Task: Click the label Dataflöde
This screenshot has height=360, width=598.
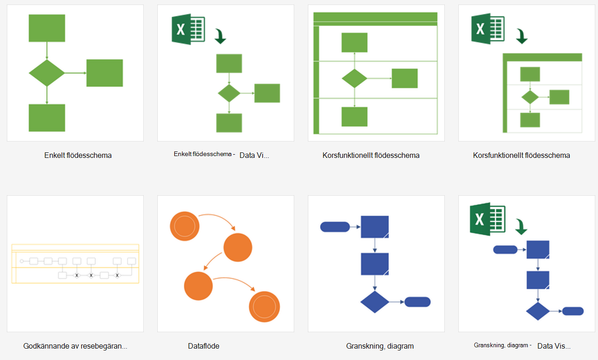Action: (203, 346)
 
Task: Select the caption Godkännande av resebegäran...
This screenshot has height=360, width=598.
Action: (75, 346)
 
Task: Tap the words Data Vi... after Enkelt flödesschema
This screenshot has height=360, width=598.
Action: (254, 155)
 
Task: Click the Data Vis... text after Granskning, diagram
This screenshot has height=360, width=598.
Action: (554, 346)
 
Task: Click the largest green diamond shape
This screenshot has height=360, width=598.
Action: (47, 73)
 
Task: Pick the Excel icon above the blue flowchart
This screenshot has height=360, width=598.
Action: (488, 219)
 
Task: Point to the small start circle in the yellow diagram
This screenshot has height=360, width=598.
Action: (21, 261)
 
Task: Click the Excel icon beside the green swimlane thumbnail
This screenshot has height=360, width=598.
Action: (488, 29)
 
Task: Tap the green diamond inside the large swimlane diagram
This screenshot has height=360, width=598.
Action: (354, 78)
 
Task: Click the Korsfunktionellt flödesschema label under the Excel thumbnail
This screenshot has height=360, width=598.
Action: (521, 155)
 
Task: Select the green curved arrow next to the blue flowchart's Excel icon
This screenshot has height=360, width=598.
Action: (521, 227)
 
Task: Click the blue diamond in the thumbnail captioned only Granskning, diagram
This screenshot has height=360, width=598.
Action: (374, 302)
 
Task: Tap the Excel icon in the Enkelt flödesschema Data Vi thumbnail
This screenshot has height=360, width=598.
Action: (188, 29)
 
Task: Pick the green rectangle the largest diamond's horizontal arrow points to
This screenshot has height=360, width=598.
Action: (104, 73)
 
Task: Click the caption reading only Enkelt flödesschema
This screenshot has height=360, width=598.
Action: (78, 155)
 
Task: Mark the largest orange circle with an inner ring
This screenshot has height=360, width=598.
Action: (264, 307)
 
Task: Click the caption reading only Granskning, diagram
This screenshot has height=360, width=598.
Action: (380, 346)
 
